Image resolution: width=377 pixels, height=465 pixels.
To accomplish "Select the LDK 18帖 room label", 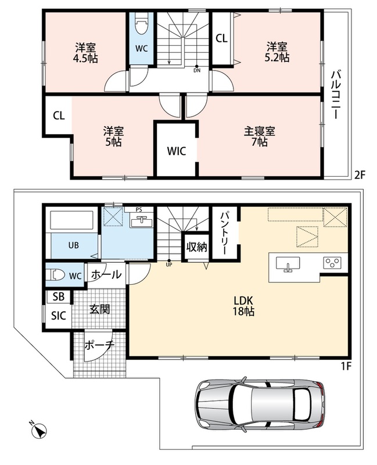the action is tap(243, 306).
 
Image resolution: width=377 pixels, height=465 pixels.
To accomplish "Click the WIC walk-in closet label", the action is tap(177, 151).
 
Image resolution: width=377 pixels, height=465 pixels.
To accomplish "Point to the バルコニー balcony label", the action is tap(336, 95).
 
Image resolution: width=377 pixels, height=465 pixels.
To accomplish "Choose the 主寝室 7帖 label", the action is tap(260, 137).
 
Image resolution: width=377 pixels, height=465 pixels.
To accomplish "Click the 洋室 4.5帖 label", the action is tap(85, 53).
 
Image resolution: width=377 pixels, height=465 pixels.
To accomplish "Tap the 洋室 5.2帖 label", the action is tap(277, 52).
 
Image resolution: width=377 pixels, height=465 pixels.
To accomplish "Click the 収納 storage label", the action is tap(196, 246).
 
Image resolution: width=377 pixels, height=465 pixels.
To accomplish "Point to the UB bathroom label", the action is tap(74, 245).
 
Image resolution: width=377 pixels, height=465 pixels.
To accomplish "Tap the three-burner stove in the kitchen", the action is tap(332, 263).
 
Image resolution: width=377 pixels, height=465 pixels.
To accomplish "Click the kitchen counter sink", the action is tap(288, 264).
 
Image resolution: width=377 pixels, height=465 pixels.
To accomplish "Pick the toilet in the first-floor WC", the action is tap(58, 275).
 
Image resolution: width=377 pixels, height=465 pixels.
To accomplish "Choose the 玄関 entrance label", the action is tap(99, 310).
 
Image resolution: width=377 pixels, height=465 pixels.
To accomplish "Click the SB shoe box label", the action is tap(59, 297).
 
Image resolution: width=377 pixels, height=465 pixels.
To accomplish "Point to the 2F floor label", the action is tap(360, 176).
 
